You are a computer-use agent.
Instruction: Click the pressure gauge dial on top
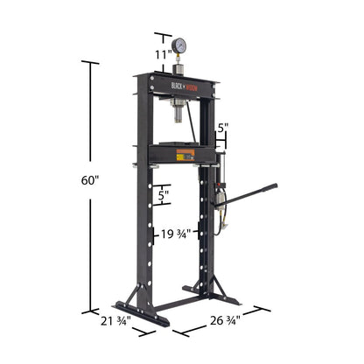[x=180, y=45]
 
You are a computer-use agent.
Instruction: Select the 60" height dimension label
[x=91, y=180]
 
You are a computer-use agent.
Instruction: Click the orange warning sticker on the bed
[x=185, y=155]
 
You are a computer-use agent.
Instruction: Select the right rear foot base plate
[x=210, y=294]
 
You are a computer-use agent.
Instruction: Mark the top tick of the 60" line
[x=90, y=62]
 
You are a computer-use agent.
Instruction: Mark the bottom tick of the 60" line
[x=90, y=311]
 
